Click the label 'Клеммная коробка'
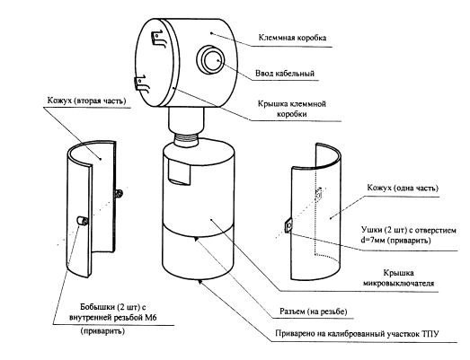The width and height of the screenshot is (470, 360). [292, 38]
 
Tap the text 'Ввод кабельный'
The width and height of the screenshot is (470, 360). [285, 73]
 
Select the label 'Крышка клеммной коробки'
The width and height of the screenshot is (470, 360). [292, 109]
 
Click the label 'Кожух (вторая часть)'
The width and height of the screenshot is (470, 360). [86, 101]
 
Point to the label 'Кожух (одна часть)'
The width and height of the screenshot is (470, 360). [403, 188]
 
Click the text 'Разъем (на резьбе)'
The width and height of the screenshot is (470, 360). [314, 312]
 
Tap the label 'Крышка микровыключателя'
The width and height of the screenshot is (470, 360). [398, 278]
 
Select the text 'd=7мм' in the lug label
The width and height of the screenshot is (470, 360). [373, 241]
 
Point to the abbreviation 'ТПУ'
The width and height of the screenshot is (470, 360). [430, 333]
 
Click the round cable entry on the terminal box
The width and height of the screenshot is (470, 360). [210, 59]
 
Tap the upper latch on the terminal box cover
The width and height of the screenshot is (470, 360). [158, 38]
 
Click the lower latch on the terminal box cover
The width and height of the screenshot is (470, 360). [141, 83]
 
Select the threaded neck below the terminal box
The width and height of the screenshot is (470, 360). [186, 139]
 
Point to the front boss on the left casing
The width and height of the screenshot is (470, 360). [82, 221]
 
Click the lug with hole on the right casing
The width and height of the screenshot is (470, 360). [288, 224]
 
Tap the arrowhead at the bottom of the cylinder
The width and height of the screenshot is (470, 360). [199, 281]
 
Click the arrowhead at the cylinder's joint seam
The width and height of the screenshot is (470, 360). [196, 240]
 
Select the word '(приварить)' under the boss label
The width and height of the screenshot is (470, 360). [102, 331]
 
